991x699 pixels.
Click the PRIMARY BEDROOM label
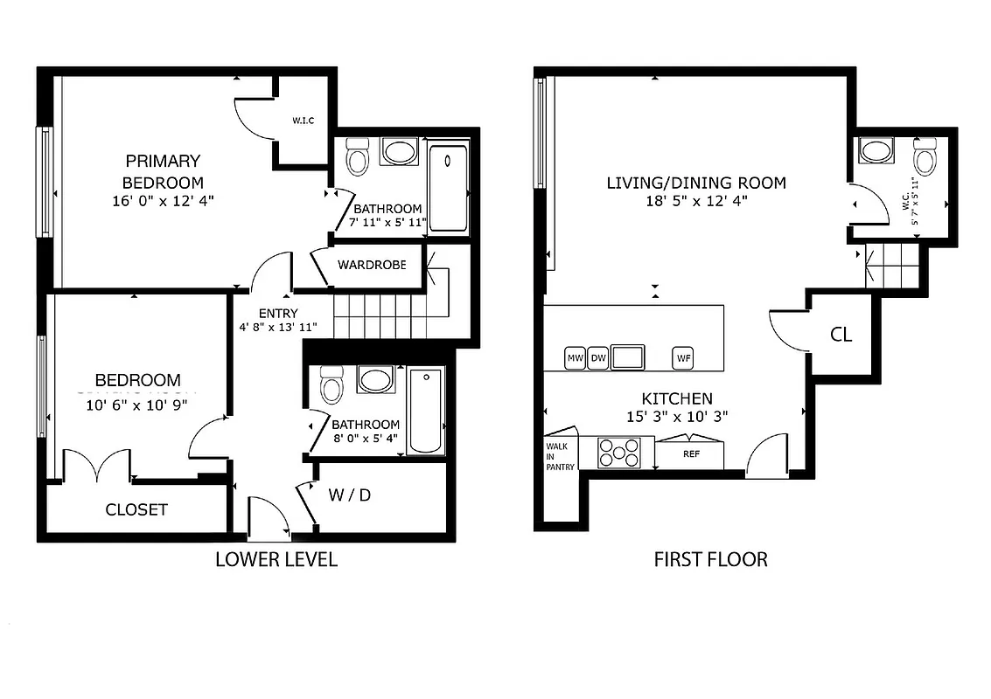tap(163, 171)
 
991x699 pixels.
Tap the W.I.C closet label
tap(303, 121)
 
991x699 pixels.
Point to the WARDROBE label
tap(372, 265)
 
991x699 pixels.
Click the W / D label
tap(350, 495)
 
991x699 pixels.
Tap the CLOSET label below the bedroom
tap(136, 509)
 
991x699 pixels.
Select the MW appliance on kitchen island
tap(575, 358)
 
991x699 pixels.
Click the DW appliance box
tap(598, 358)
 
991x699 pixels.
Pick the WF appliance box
tap(683, 358)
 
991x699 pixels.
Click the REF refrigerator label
tap(691, 454)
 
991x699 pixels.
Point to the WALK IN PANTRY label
tap(561, 455)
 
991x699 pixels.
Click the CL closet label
tap(841, 335)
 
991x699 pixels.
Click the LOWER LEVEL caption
tap(276, 559)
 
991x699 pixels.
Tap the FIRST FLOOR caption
tap(710, 559)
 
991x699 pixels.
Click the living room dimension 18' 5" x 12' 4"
tap(696, 200)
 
